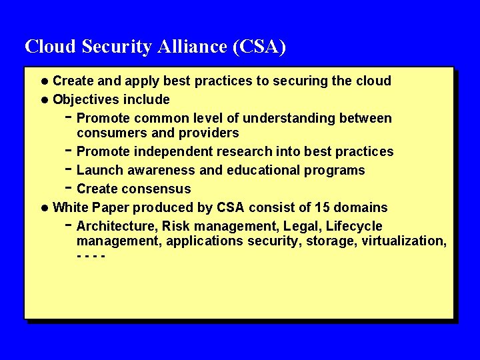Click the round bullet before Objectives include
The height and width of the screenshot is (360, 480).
coord(44,100)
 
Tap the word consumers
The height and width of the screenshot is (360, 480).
coord(107,133)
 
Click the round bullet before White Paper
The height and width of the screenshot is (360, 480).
coord(44,208)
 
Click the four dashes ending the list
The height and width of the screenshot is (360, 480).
coord(91,256)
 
